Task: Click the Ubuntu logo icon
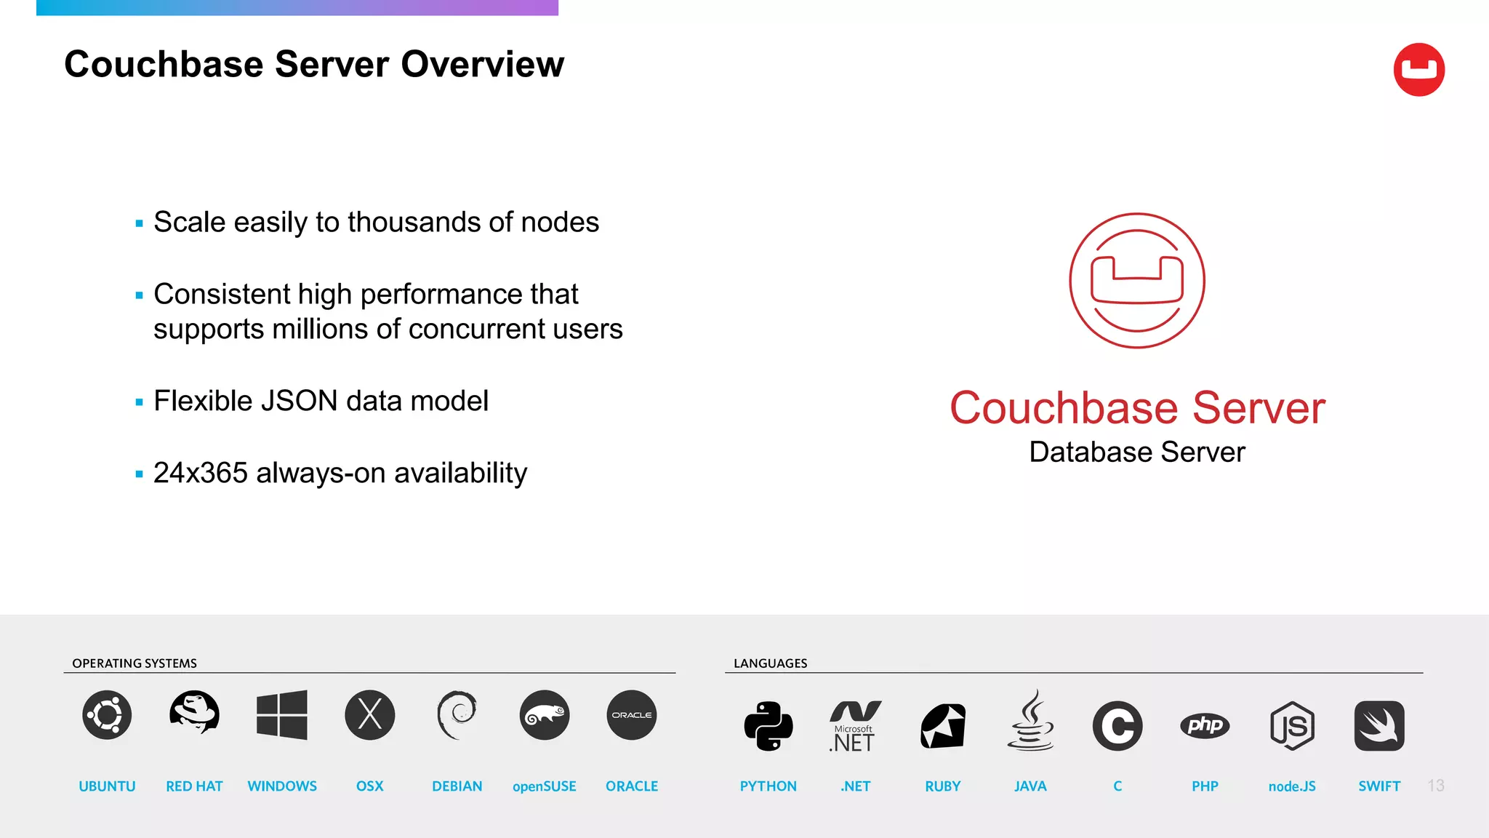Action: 107,715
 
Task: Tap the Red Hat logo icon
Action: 194,712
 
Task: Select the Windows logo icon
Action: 282,715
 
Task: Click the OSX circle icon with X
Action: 370,715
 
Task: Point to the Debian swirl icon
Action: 457,714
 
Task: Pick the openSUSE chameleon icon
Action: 545,715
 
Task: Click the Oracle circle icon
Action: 632,715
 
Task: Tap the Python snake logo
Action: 768,726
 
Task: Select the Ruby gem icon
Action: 943,726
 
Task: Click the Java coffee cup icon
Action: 1030,722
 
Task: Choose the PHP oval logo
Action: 1205,725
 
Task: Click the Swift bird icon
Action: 1379,726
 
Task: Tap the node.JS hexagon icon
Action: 1292,726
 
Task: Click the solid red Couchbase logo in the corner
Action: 1418,70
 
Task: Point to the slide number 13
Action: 1436,786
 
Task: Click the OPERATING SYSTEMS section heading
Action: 135,663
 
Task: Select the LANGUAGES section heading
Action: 771,663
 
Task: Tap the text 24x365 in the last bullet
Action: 201,474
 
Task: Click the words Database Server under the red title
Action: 1137,452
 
